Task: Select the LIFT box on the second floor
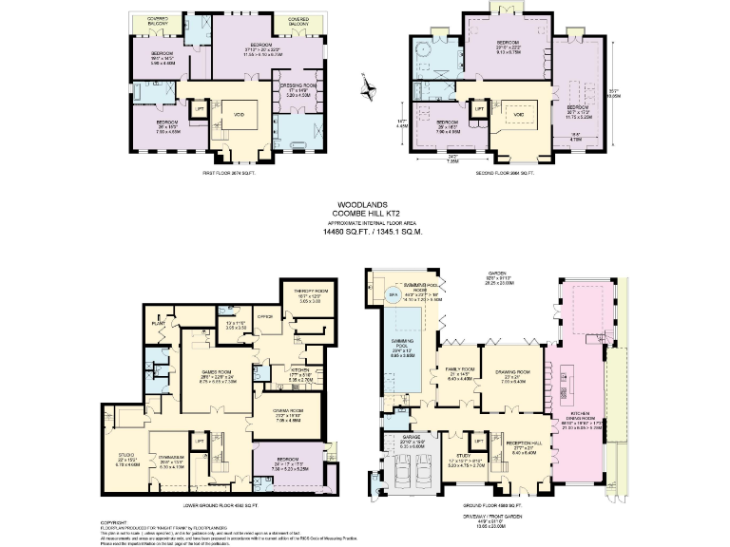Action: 480,109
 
